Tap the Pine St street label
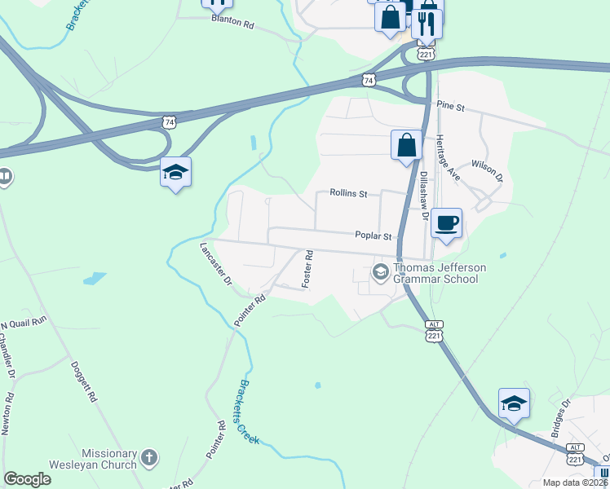pyautogui.click(x=449, y=106)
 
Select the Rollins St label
pyautogui.click(x=349, y=193)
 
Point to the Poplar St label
pyautogui.click(x=374, y=236)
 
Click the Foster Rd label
pyautogui.click(x=308, y=268)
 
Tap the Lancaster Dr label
pyautogui.click(x=216, y=263)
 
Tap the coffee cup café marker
pyautogui.click(x=446, y=222)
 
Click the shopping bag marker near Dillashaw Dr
pyautogui.click(x=406, y=146)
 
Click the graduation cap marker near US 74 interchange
pyautogui.click(x=175, y=172)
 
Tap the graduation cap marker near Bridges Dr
pyautogui.click(x=514, y=403)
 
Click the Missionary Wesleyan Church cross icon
pyautogui.click(x=148, y=458)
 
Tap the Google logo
pyautogui.click(x=27, y=479)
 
